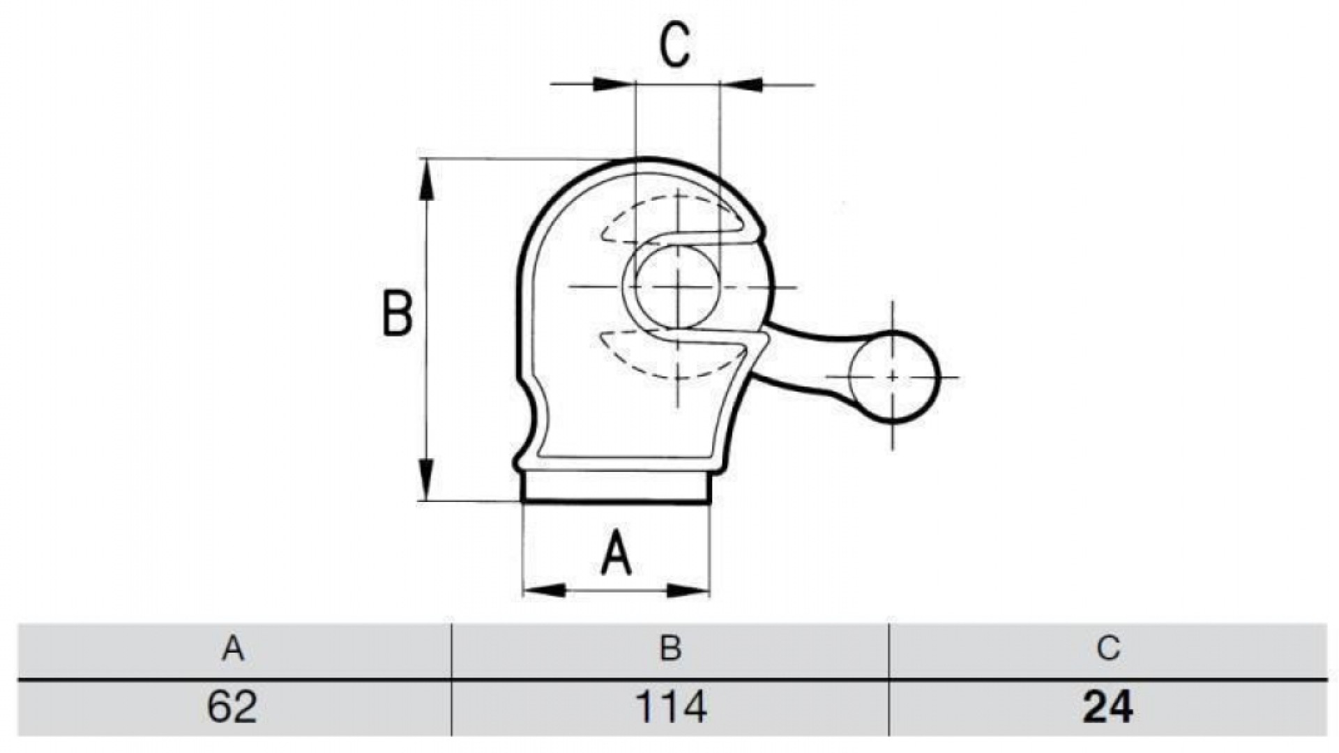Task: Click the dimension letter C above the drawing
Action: click(675, 45)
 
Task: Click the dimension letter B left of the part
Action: click(398, 314)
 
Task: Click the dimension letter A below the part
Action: click(616, 553)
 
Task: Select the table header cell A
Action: click(234, 649)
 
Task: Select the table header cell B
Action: click(670, 649)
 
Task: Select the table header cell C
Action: click(1108, 649)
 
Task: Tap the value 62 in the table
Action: click(232, 707)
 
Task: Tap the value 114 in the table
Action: click(671, 707)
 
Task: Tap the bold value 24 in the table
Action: click(1108, 707)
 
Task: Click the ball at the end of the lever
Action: click(894, 377)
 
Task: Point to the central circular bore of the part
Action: click(677, 287)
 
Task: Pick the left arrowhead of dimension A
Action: click(544, 591)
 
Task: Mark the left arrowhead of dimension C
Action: click(614, 84)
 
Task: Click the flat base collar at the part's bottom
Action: click(616, 487)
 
